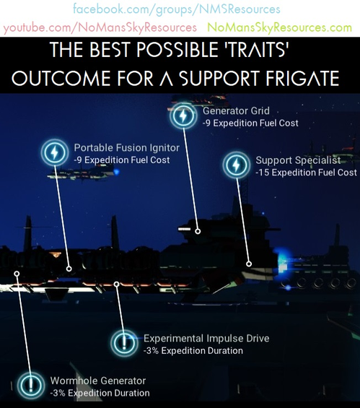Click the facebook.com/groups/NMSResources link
tap(176, 10)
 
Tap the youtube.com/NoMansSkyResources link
tap(100, 28)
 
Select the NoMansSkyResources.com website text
tap(279, 28)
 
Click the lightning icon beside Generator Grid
tap(181, 116)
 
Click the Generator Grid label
tap(236, 111)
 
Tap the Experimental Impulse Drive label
tap(206, 338)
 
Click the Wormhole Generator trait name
tap(98, 381)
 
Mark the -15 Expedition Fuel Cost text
tap(306, 173)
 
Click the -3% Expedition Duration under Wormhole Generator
tap(100, 393)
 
